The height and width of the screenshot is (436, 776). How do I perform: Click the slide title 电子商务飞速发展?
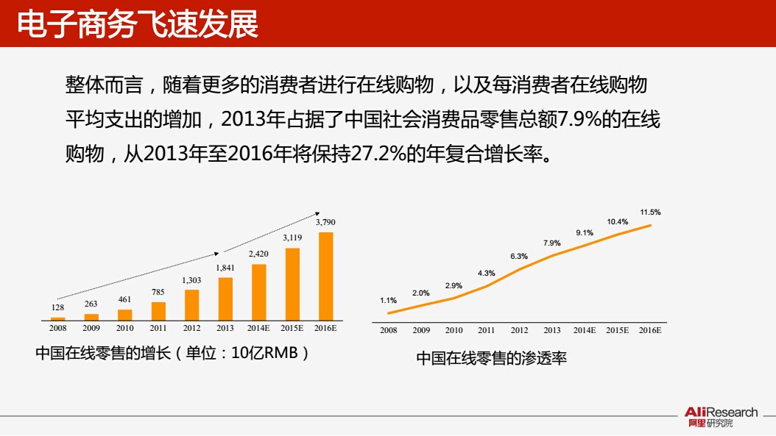[138, 24]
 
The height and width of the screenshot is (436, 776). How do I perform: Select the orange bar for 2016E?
[325, 276]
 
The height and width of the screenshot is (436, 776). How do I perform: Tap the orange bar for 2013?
[225, 299]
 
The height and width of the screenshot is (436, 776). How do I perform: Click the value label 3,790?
[325, 221]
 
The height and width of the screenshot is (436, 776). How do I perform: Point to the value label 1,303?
[191, 280]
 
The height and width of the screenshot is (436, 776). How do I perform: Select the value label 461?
[125, 299]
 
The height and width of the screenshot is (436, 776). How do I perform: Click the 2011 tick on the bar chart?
[158, 329]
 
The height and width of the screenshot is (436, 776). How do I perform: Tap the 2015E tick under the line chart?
[617, 330]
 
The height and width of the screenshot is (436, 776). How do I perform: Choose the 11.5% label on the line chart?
[650, 212]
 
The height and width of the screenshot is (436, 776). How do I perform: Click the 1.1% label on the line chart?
[388, 300]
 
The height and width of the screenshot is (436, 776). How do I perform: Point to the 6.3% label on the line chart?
[519, 256]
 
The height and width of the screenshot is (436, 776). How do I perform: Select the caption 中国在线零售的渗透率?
[491, 359]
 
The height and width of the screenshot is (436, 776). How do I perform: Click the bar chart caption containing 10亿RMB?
[172, 352]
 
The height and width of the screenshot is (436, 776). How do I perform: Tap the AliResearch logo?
[720, 417]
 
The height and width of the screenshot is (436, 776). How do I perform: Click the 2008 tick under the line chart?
[389, 330]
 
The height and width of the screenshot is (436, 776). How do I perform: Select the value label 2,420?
[258, 254]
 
